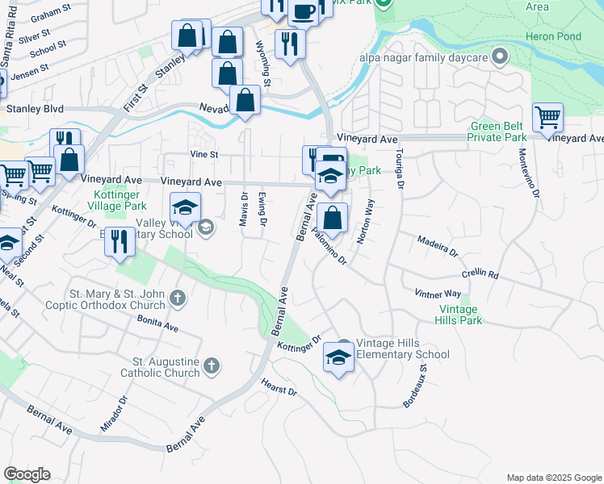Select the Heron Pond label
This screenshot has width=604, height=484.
pos(552,36)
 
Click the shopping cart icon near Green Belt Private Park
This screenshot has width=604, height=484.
pos(547,118)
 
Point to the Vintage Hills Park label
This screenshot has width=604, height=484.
pos(460,315)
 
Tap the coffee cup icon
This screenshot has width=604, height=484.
pos(303,11)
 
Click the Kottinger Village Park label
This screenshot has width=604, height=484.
pos(107,200)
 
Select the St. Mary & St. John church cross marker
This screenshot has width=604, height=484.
pos(178,300)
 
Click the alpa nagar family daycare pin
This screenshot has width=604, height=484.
pos(500,56)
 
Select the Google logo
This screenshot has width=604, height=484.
pos(27,474)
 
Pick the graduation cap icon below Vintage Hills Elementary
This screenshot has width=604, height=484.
pos(338,357)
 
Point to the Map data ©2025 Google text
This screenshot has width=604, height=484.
pos(552,478)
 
